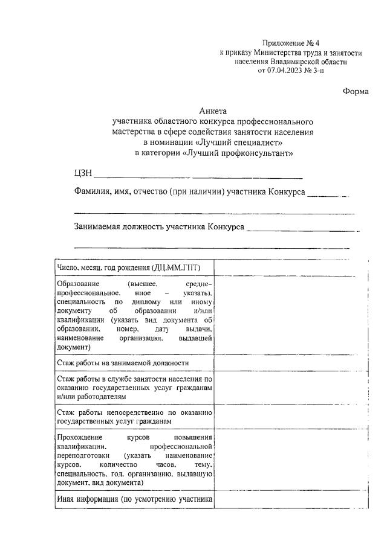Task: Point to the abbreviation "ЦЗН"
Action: coord(82,174)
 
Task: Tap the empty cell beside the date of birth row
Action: coord(291,267)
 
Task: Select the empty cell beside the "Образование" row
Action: coord(291,315)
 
